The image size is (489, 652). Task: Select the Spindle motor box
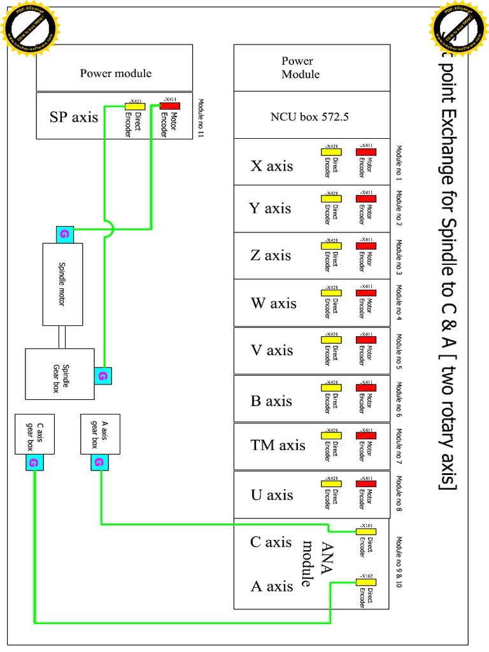point(62,284)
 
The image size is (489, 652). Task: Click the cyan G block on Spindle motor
point(65,234)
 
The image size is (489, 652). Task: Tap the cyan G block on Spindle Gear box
point(103,376)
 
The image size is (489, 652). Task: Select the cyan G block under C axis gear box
point(34,463)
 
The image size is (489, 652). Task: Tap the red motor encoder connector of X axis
point(365,152)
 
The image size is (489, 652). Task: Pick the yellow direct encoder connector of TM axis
point(331,436)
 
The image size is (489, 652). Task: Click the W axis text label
point(274,303)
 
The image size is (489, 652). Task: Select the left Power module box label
point(115,73)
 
